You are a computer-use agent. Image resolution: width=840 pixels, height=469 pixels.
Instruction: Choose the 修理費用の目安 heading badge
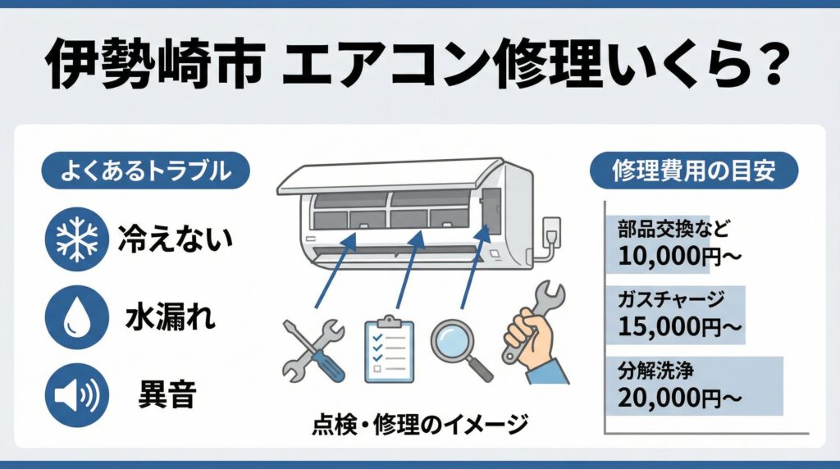pos(694,173)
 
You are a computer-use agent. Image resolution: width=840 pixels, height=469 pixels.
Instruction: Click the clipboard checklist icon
pos(389,348)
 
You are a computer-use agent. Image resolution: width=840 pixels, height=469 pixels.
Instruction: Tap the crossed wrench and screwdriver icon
pos(314,348)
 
